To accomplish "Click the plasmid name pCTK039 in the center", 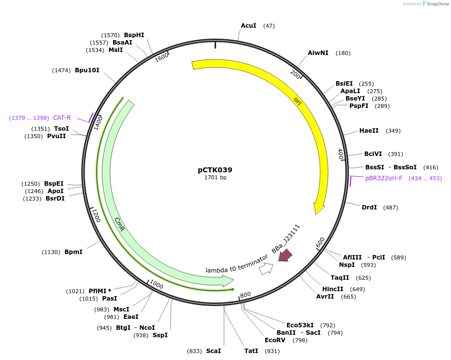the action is tap(215, 170).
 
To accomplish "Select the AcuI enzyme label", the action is tap(248, 26).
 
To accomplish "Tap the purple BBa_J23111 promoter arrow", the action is tap(285, 255).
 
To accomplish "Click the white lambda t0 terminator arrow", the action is tap(266, 269).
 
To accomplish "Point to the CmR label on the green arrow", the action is tap(119, 224).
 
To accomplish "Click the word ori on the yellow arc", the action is tap(297, 101).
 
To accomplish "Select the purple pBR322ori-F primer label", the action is tap(384, 178).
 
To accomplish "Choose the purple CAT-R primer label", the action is tap(62, 117).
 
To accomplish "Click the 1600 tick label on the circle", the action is tap(162, 57).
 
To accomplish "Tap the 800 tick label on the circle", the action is tap(245, 295).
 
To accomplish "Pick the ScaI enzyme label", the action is tap(214, 351).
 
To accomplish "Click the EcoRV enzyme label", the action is tap(275, 340).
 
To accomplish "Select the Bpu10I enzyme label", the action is tap(87, 70).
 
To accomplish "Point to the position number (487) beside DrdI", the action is tap(391, 207).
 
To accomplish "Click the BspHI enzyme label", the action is tap(134, 35).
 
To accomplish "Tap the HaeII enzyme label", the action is tap(369, 130).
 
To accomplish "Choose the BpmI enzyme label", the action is tap(73, 252).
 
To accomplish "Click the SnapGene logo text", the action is tap(438, 4).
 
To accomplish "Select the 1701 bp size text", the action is tap(216, 177).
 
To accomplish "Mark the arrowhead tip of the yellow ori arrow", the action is tap(316, 214).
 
